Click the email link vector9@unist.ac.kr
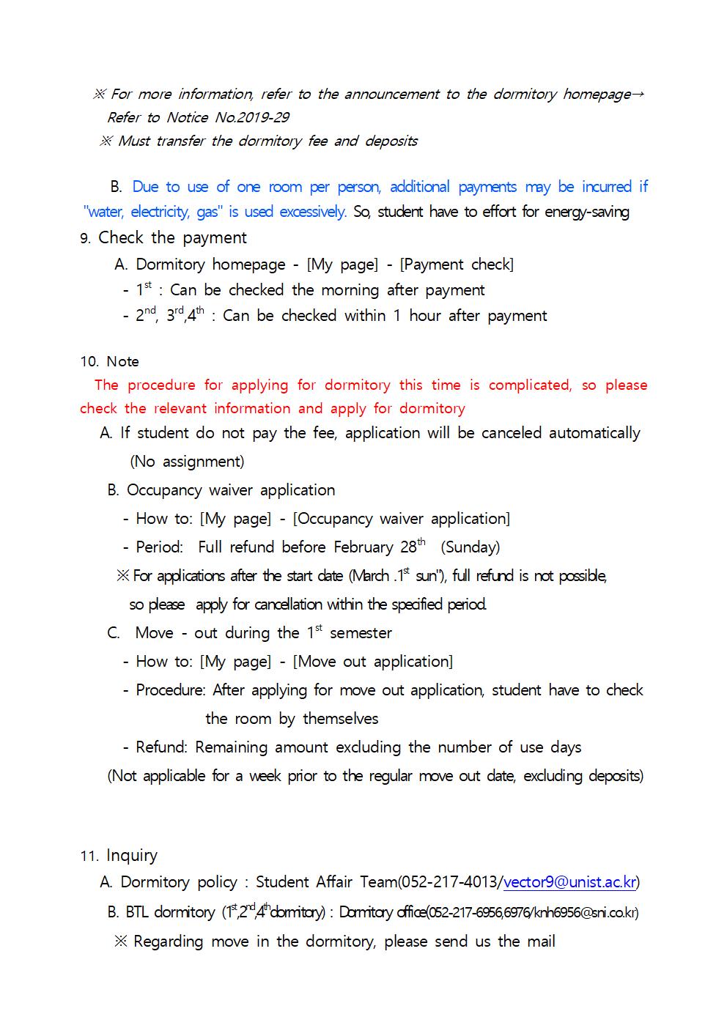point(570,882)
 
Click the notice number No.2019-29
point(252,117)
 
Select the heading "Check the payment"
point(172,237)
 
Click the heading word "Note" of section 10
point(122,361)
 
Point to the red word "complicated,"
point(530,385)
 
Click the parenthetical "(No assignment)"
point(187,462)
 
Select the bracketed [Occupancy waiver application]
point(401,519)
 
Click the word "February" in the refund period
point(363,547)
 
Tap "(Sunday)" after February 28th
point(470,547)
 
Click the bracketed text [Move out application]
point(372,662)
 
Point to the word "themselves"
point(341,719)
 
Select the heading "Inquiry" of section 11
point(132,855)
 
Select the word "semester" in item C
point(361,633)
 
